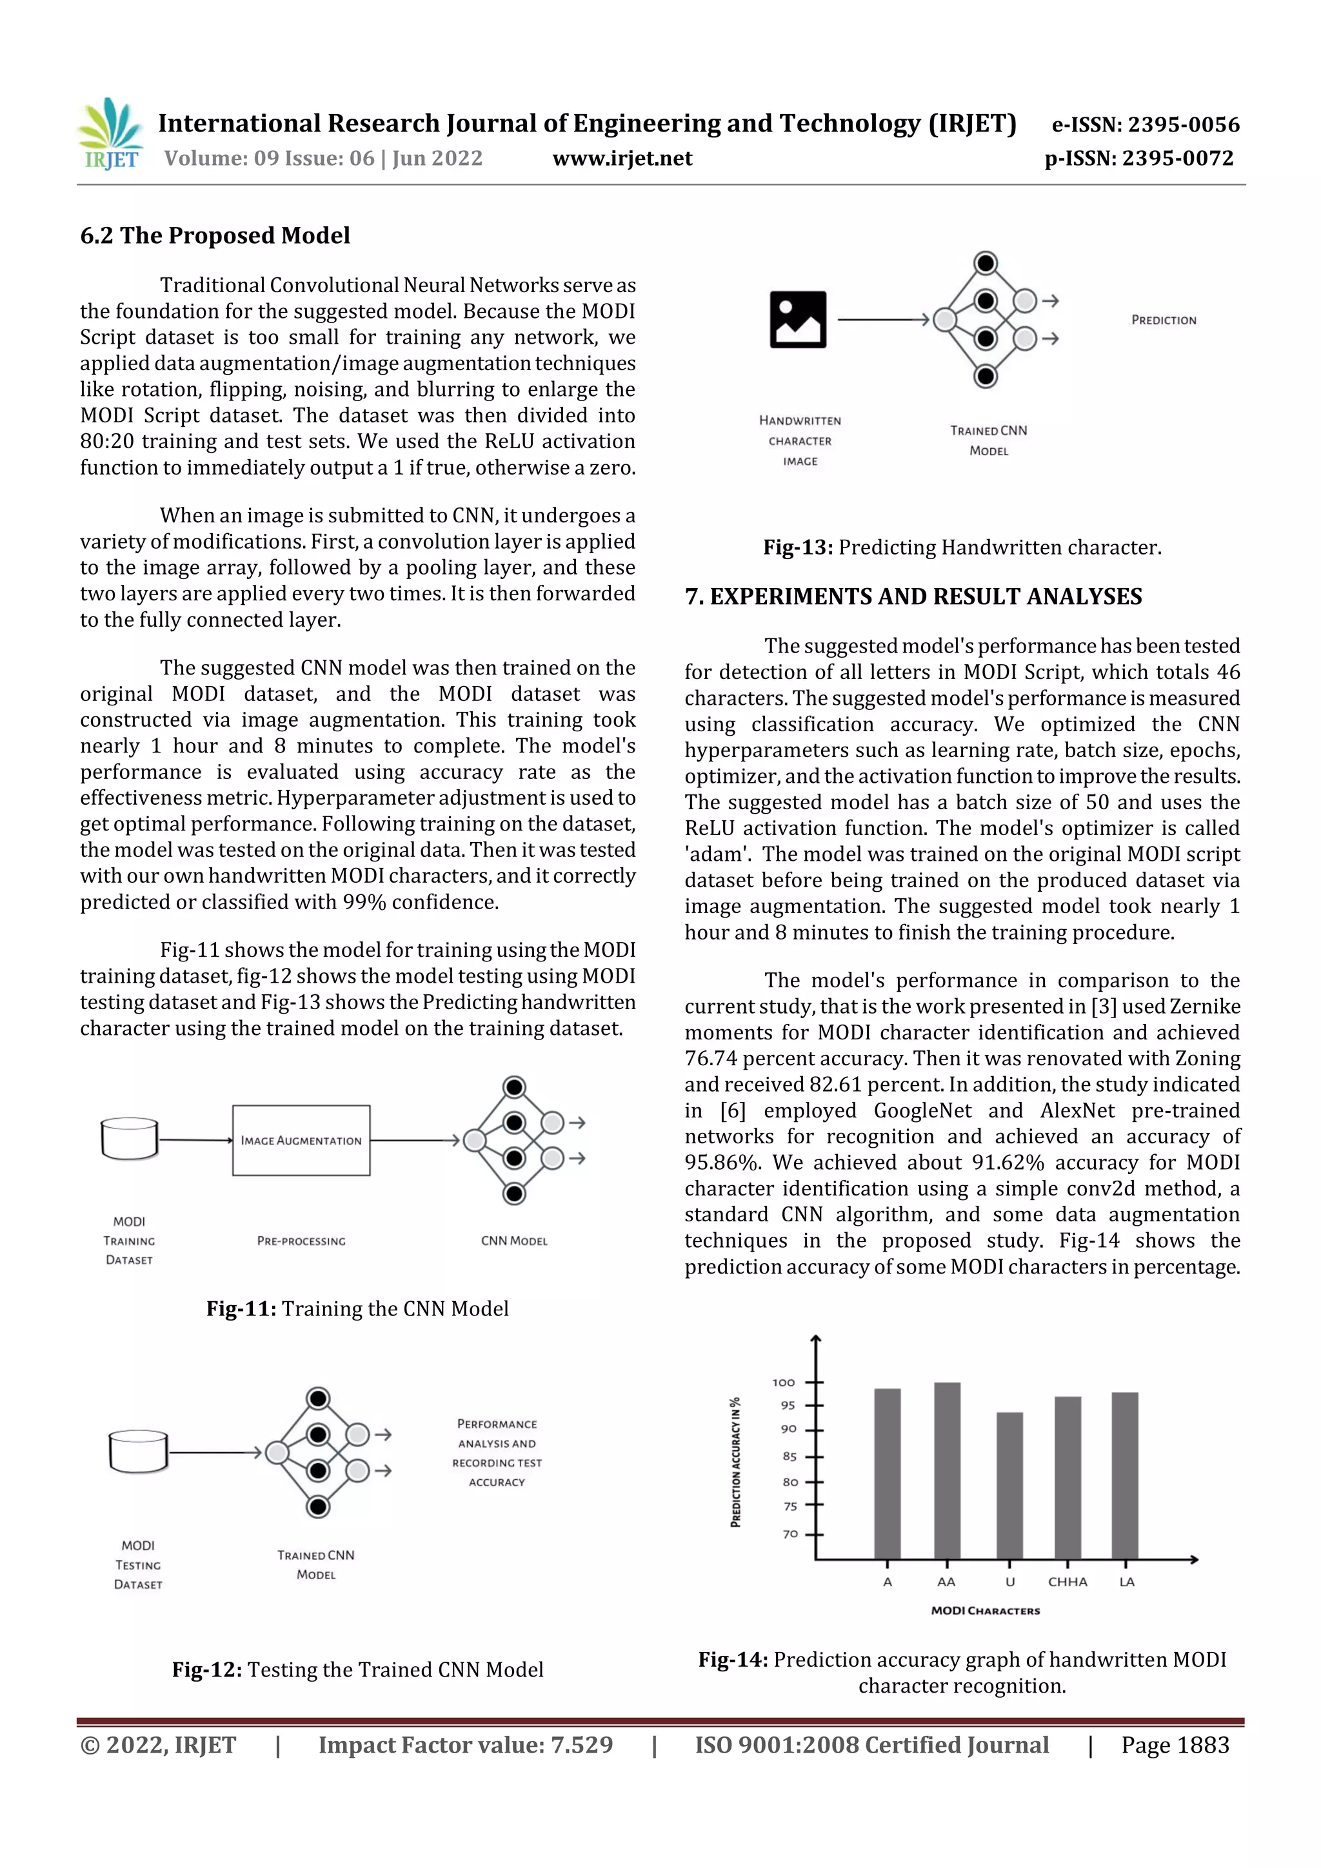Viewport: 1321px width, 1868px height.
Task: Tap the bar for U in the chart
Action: pyautogui.click(x=1009, y=1485)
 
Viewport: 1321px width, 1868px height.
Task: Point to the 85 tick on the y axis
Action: pyautogui.click(x=790, y=1457)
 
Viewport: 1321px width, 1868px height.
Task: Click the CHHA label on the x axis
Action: pyautogui.click(x=1067, y=1582)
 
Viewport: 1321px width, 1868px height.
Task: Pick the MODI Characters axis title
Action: pyautogui.click(x=985, y=1610)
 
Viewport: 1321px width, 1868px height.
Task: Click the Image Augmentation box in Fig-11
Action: pyautogui.click(x=301, y=1140)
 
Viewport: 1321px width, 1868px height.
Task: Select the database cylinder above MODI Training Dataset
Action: pyautogui.click(x=130, y=1138)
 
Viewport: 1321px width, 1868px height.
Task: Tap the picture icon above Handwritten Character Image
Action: pyautogui.click(x=798, y=320)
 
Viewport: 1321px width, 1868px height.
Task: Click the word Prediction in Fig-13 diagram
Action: pyautogui.click(x=1163, y=320)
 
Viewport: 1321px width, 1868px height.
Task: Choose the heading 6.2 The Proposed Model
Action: pyautogui.click(x=215, y=236)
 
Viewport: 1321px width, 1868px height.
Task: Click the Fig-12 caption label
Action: pyautogui.click(x=207, y=1669)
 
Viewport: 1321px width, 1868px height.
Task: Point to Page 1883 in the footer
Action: pyautogui.click(x=1175, y=1745)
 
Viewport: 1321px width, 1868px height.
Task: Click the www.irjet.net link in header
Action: pyautogui.click(x=622, y=159)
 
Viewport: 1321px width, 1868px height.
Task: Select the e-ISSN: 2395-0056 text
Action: pyautogui.click(x=1145, y=124)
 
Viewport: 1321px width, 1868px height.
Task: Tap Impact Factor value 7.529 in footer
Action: pyautogui.click(x=465, y=1745)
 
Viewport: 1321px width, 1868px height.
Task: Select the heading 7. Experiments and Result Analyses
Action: pyautogui.click(x=913, y=596)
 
